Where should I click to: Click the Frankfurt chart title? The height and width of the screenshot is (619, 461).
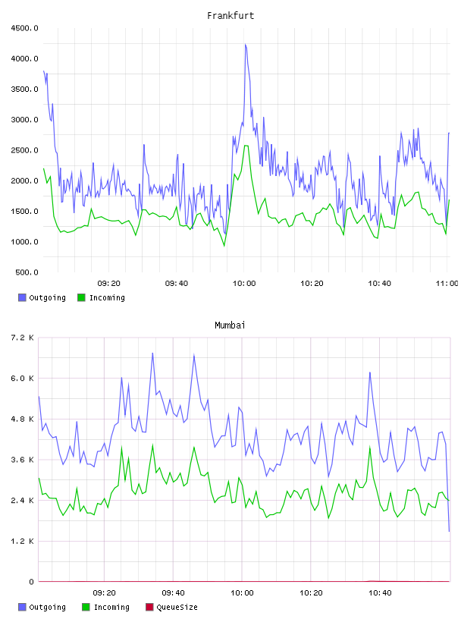230,16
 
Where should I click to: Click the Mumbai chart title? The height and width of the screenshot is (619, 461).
230,325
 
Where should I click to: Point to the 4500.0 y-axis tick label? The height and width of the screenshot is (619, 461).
24,28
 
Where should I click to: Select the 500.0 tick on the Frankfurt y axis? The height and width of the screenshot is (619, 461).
27,272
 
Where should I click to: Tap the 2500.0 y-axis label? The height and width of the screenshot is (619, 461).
24,150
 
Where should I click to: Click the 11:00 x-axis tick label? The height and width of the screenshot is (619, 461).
447,284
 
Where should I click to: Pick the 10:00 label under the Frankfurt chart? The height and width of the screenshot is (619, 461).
244,284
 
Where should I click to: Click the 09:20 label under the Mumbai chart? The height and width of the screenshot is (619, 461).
104,593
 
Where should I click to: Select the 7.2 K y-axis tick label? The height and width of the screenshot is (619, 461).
22,338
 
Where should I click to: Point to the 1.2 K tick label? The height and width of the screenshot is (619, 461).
22,541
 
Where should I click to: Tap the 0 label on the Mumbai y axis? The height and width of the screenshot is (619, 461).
31,582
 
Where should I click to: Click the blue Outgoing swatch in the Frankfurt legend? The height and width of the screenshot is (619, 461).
22,297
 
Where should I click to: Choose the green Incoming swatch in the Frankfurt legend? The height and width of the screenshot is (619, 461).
81,297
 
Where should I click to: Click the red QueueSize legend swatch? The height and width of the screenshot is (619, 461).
149,607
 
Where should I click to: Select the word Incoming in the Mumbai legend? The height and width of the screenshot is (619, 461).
111,608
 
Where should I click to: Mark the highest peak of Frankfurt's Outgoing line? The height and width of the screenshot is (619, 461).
246,45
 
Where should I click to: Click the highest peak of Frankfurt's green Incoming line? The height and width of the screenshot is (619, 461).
246,146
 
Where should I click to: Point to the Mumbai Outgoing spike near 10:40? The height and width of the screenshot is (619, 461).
370,372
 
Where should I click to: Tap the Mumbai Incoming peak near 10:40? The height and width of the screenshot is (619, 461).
370,447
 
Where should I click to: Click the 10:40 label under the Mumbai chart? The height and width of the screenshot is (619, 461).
380,593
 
